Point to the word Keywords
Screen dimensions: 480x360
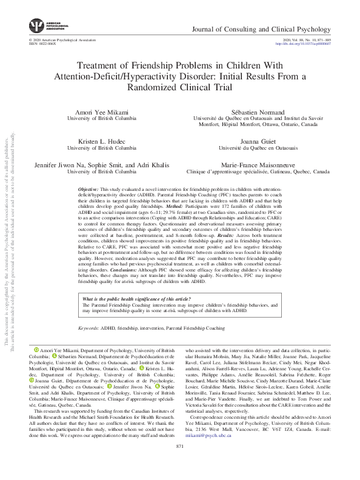click(x=89, y=327)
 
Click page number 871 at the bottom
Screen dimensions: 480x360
click(x=179, y=464)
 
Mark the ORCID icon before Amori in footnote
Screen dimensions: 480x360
click(x=36, y=350)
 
